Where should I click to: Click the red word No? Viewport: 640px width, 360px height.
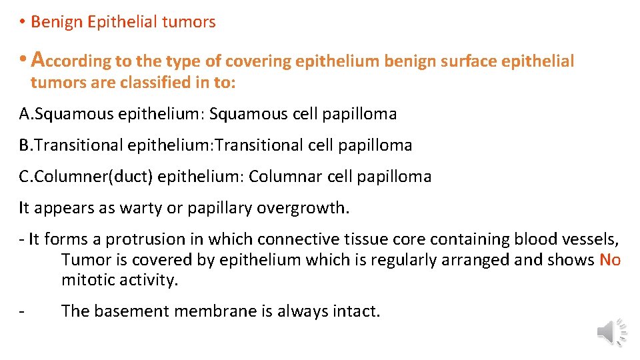coord(610,260)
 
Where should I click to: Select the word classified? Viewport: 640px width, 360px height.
coord(159,83)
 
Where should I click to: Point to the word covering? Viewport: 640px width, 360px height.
coord(257,61)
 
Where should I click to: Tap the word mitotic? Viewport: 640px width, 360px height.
coord(87,280)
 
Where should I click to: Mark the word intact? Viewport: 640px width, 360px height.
coord(357,311)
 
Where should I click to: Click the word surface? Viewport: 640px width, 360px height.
coord(471,61)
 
